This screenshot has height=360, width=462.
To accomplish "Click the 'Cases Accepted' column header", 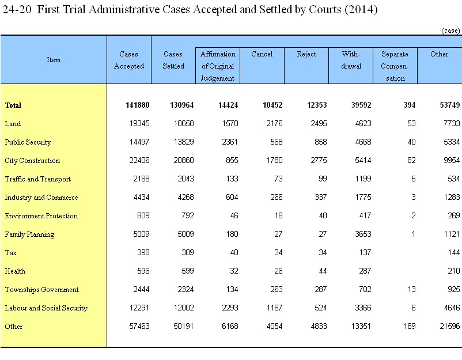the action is pos(129,60).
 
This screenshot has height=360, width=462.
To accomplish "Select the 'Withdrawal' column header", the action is pos(351,60).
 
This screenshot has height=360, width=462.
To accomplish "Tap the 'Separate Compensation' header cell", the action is pos(395,66).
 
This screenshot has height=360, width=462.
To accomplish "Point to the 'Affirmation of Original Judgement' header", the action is pos(218,66).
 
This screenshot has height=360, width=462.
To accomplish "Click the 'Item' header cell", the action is pos(54,60).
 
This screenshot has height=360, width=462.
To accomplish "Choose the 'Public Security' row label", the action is pos(28,142).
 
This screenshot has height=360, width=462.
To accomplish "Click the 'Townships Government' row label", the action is pos(42,290).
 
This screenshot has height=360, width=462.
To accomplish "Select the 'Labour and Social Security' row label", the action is pos(46,308).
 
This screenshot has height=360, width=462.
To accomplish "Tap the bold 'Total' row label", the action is pos(13,105).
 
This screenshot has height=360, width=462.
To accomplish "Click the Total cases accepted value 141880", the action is pos(138,105).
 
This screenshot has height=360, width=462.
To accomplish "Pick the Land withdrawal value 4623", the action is pos(363,123).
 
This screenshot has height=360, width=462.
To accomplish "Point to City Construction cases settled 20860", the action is pos(184,160).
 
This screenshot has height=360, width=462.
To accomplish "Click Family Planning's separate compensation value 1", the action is pos(414,234).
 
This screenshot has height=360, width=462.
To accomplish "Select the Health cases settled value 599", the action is pos(188,271).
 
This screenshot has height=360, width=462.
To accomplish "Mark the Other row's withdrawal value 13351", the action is pos(361,326).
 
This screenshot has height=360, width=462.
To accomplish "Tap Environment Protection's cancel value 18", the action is pos(278,215).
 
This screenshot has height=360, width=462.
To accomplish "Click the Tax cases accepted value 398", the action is pos(143,252).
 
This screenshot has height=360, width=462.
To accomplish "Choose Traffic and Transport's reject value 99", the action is pos(323,179).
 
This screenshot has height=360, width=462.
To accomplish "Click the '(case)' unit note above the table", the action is pos(450,31).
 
